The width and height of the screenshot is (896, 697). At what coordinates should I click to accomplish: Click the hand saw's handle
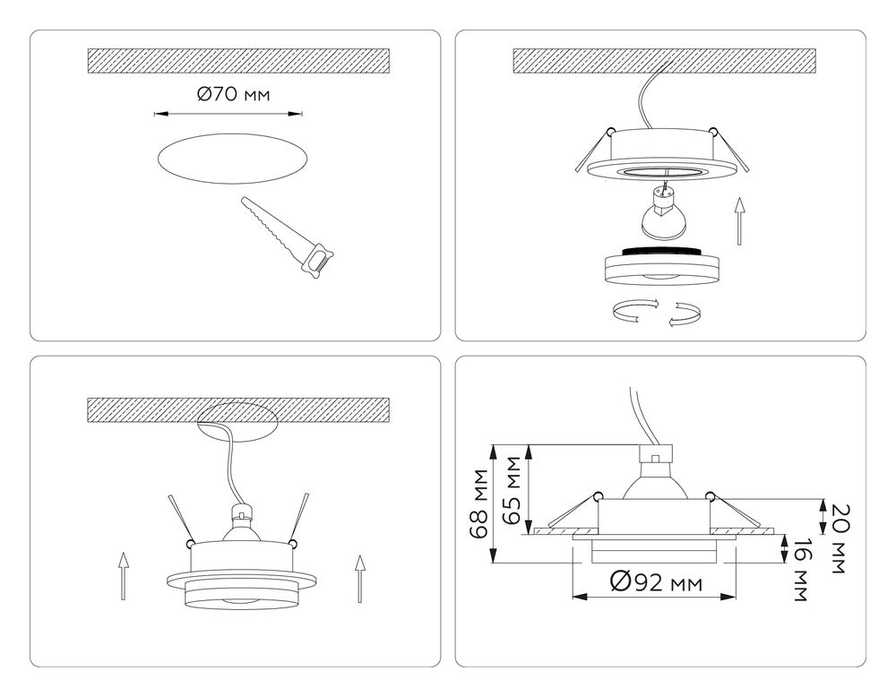click(x=317, y=262)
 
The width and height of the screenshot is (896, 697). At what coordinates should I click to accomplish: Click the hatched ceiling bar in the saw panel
click(x=238, y=61)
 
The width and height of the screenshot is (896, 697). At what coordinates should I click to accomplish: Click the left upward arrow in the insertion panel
click(x=125, y=577)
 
